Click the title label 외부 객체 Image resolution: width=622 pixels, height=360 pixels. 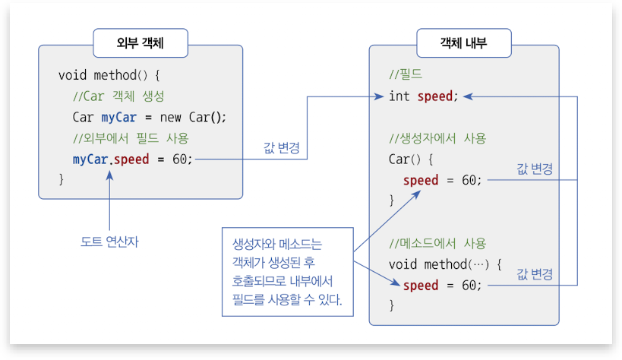[141, 44]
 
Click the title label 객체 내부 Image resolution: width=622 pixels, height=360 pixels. [464, 44]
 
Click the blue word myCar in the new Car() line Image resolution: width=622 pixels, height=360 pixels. [118, 117]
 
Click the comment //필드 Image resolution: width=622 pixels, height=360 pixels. [406, 75]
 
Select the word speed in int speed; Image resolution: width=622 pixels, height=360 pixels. [434, 96]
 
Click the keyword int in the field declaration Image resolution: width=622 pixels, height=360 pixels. [399, 96]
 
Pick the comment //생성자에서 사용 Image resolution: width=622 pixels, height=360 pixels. [437, 138]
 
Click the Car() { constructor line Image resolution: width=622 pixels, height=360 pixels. [410, 159]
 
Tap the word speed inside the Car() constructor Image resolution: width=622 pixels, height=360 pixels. [421, 180]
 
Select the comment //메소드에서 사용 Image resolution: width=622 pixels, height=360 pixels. [437, 243]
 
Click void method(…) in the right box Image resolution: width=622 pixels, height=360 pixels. [445, 264]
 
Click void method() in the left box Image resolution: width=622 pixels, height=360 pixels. [109, 75]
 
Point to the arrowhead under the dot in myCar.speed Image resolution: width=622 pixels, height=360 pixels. [111, 175]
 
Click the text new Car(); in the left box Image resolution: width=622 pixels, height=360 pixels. [197, 117]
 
